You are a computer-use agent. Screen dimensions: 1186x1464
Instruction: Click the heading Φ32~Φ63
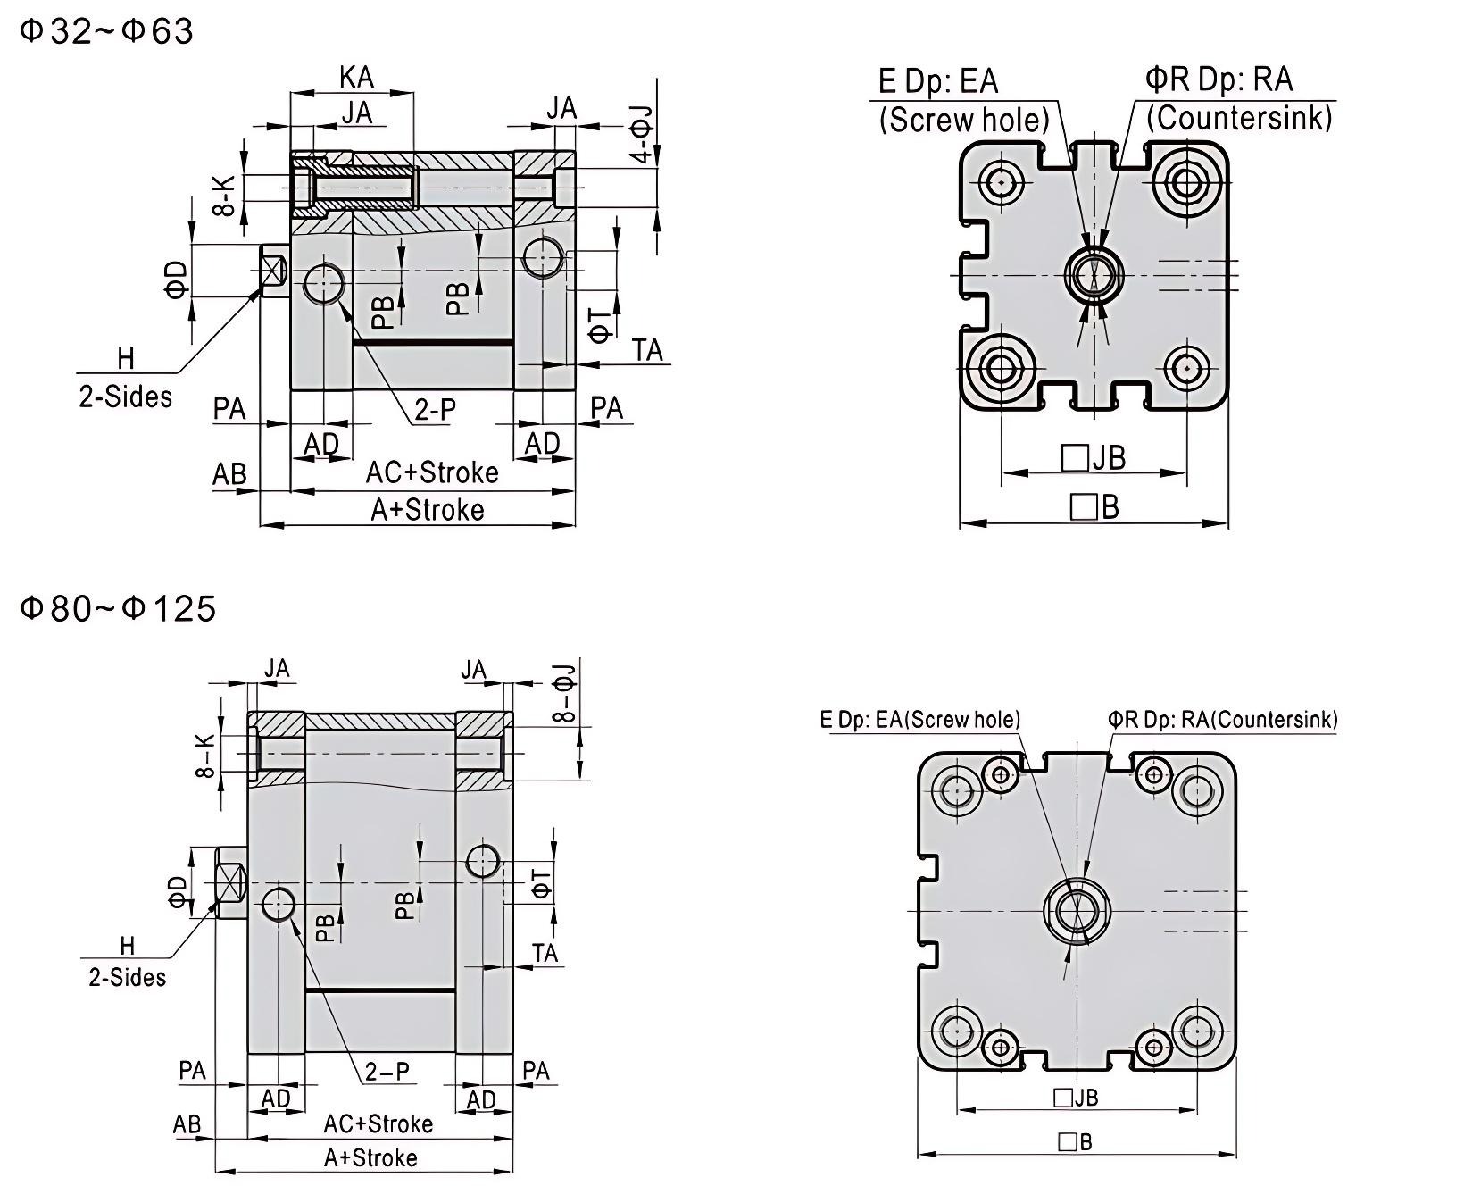click(x=106, y=31)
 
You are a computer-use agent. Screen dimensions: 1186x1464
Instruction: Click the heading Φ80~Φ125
click(x=118, y=608)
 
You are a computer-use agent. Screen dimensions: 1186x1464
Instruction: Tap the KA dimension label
click(x=356, y=78)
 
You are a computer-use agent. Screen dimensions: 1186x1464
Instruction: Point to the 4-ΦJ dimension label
click(x=643, y=134)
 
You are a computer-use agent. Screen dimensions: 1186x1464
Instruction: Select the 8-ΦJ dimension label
click(x=565, y=693)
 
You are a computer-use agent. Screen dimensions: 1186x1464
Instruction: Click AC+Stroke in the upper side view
click(x=431, y=472)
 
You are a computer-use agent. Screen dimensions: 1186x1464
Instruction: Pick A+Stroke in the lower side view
click(x=370, y=1158)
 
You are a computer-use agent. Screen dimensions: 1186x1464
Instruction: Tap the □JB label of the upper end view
click(x=1094, y=457)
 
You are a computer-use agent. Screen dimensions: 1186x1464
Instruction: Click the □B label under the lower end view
click(x=1075, y=1141)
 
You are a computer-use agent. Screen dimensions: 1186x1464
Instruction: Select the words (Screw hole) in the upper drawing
click(x=964, y=119)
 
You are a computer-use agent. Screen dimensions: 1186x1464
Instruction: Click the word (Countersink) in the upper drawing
click(x=1239, y=117)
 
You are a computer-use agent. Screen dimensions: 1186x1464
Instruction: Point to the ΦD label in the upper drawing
click(x=178, y=279)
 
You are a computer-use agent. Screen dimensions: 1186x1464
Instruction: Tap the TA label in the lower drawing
click(x=545, y=953)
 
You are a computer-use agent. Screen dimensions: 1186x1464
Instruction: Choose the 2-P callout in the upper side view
click(x=435, y=409)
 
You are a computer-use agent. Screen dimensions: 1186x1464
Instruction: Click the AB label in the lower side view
click(x=187, y=1123)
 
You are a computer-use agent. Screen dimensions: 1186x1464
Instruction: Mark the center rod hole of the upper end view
click(x=1093, y=273)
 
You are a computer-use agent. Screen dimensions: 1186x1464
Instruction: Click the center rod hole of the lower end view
click(x=1077, y=911)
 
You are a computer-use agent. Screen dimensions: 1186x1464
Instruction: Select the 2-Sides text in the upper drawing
click(x=126, y=397)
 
